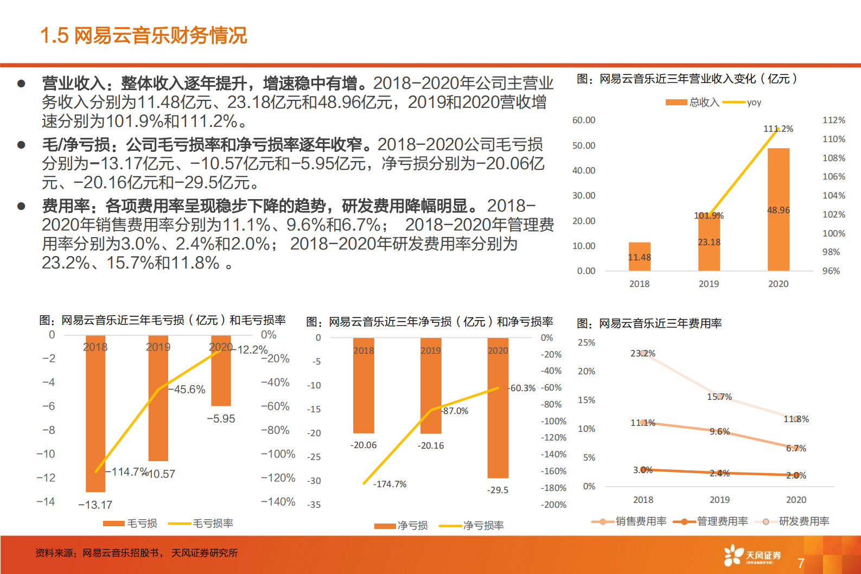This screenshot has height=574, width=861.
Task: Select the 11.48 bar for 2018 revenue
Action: [639, 257]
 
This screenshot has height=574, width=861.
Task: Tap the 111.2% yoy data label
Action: [778, 129]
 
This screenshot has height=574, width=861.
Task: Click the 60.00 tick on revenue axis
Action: [584, 120]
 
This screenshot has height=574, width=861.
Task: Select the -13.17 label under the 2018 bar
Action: [95, 505]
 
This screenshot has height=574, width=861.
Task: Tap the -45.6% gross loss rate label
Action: [187, 390]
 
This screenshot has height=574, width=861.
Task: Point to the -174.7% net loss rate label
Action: [390, 484]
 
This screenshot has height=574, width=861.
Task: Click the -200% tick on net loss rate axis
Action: [553, 505]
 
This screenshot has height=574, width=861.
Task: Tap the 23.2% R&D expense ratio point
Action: [643, 353]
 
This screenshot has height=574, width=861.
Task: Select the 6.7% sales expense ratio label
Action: [796, 448]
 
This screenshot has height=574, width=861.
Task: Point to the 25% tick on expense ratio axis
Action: [586, 342]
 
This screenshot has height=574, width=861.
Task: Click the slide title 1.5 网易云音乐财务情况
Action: [144, 35]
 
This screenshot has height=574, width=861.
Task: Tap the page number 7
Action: [801, 563]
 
